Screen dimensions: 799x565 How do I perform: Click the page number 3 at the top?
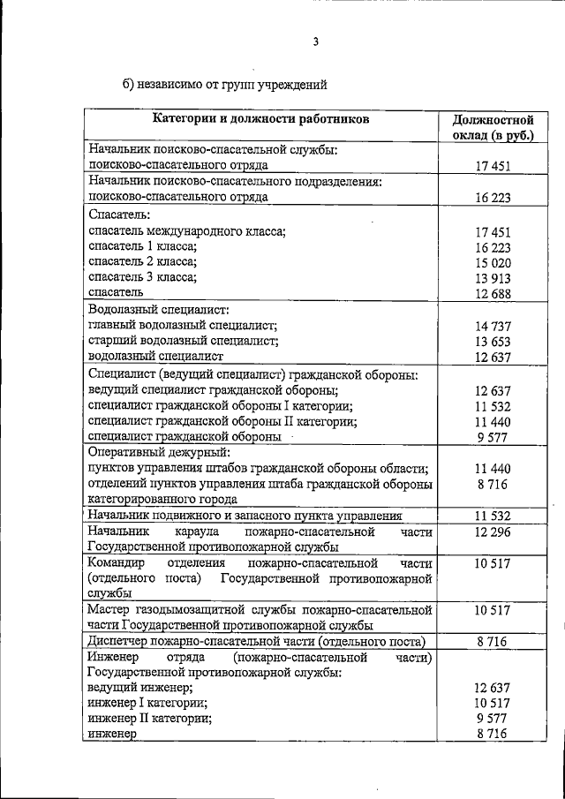pos(314,40)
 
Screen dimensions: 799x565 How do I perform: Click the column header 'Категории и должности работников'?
pos(260,118)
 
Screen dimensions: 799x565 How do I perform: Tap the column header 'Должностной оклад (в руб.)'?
pos(493,127)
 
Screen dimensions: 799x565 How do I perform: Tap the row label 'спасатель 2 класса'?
pos(142,262)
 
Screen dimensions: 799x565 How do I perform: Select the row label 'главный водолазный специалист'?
pos(184,326)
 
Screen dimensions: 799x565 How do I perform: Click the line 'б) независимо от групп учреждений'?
pos(225,85)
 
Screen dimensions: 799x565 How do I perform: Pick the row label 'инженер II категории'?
pos(149,718)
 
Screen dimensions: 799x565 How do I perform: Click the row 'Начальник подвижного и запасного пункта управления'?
pos(245,516)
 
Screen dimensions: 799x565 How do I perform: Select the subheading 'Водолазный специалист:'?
pos(158,310)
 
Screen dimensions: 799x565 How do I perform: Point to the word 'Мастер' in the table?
pos(109,609)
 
